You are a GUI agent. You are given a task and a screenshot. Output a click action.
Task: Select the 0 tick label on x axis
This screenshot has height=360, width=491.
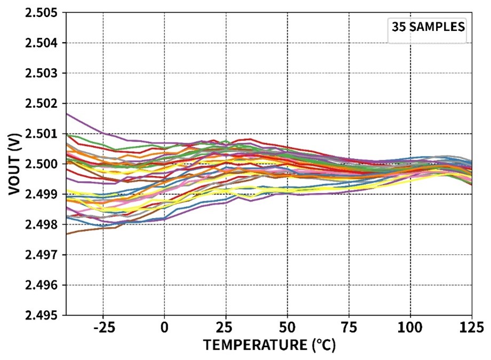164,327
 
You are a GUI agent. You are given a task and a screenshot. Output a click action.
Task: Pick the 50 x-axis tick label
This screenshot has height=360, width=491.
288,327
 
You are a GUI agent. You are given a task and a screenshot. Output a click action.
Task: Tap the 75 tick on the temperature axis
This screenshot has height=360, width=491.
349,327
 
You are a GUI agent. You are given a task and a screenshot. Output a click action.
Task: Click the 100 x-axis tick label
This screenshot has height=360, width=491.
410,327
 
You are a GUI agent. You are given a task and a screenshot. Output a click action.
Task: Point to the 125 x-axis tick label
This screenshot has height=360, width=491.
472,327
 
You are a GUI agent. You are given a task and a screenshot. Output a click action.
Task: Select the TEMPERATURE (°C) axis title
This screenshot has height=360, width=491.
269,346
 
